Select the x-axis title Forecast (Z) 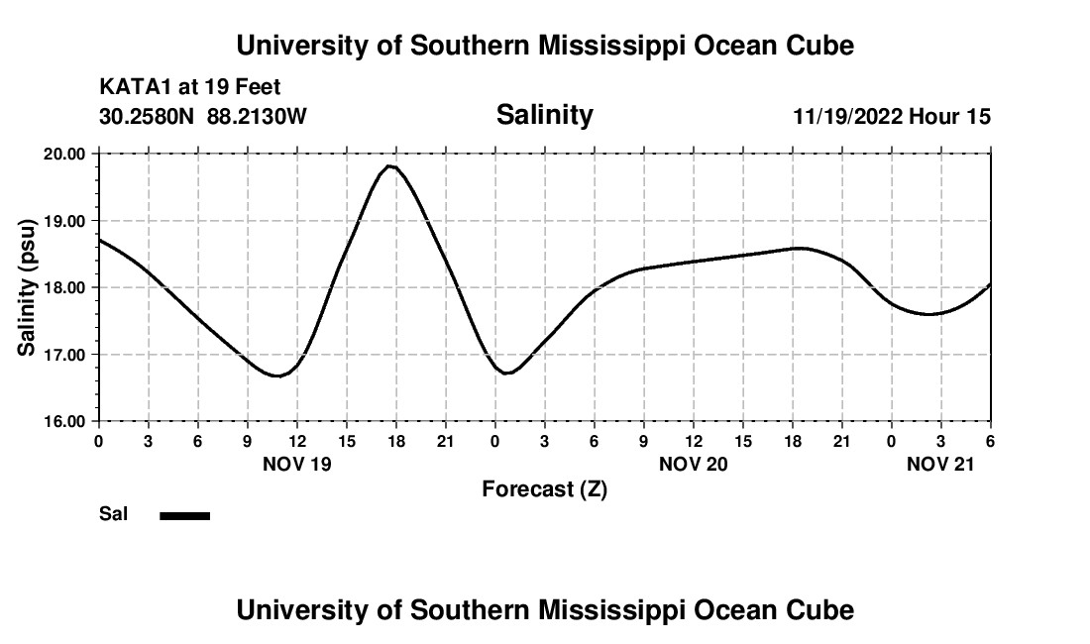(x=544, y=489)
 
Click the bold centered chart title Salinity (x=544, y=115)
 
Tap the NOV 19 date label (x=297, y=464)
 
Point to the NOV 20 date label (x=694, y=464)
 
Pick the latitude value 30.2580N (x=149, y=117)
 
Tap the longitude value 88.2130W (x=257, y=117)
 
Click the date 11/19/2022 (x=847, y=117)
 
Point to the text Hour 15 (x=949, y=117)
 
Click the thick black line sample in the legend (x=184, y=515)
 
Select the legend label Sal (x=113, y=514)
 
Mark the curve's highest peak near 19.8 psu (x=391, y=166)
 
